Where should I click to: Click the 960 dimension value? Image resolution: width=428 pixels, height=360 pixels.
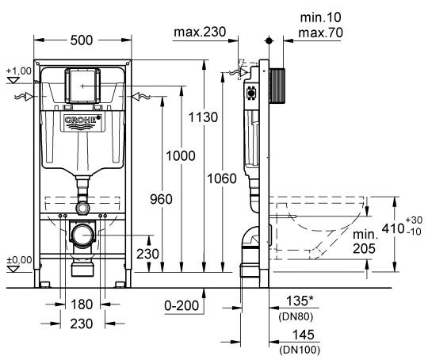161,201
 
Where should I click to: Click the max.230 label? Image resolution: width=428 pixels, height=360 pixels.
200,33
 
